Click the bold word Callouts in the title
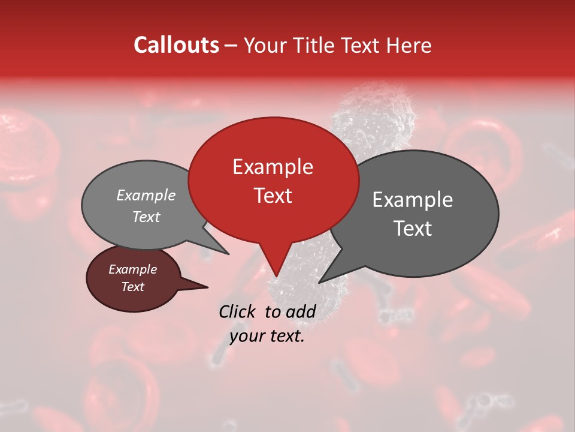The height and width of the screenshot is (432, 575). [176, 45]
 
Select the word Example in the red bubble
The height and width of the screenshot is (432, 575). [273, 167]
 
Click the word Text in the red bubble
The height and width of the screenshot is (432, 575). [273, 195]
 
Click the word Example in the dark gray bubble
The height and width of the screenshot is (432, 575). [412, 200]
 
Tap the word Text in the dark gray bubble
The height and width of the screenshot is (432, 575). [412, 228]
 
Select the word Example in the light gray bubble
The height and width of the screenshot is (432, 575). [146, 195]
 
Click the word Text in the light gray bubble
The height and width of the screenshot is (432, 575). [146, 217]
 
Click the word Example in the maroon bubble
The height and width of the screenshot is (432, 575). [132, 269]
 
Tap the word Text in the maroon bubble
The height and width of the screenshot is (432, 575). [132, 287]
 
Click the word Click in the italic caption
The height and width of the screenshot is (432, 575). [238, 311]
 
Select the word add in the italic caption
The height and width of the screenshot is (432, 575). [301, 311]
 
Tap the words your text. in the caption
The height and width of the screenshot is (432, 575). [267, 336]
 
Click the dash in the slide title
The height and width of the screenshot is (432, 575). [232, 45]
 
